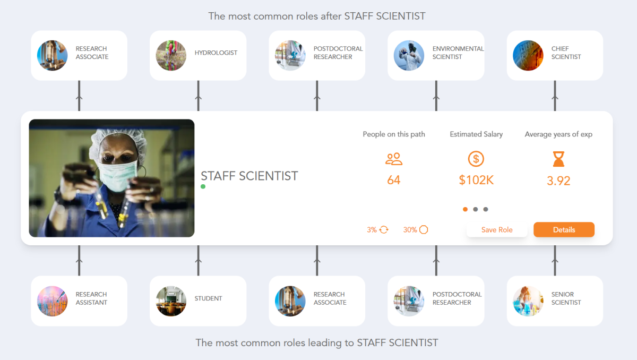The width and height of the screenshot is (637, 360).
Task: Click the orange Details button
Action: click(564, 229)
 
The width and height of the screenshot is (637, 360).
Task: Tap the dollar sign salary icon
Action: click(476, 158)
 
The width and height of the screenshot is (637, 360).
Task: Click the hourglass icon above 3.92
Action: click(558, 158)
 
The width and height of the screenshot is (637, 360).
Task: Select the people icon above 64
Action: click(394, 158)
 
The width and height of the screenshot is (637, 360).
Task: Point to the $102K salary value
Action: click(476, 181)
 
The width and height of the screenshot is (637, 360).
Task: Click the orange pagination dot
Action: click(466, 209)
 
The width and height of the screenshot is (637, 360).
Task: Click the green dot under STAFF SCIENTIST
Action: click(203, 187)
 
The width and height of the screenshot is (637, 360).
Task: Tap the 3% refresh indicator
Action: click(378, 230)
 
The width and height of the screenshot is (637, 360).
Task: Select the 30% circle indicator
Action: click(416, 230)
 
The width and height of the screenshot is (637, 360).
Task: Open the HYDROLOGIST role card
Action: click(198, 55)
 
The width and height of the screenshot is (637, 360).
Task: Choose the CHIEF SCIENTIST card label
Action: click(566, 53)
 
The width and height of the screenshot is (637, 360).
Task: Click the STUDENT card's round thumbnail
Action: click(171, 301)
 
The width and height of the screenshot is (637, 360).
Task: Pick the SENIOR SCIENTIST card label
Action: click(566, 298)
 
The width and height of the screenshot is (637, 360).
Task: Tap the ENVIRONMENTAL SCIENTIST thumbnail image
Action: click(409, 55)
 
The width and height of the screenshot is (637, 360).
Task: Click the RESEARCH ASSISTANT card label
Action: click(91, 298)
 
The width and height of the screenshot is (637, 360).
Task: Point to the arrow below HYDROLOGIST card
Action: click(199, 98)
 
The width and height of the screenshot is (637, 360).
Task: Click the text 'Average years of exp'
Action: click(558, 134)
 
